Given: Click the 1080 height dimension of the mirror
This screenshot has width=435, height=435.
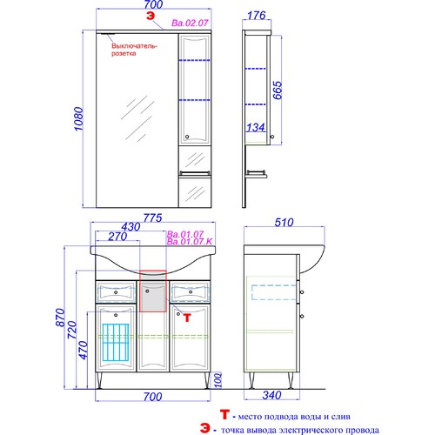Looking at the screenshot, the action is click(78, 119).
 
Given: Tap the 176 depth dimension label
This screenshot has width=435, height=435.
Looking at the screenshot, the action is click(257, 16).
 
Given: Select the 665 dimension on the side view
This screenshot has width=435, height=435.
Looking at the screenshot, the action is click(278, 90).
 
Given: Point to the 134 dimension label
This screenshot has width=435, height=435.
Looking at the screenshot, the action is click(256, 127).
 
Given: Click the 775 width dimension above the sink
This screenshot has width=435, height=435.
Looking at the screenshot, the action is click(153, 218).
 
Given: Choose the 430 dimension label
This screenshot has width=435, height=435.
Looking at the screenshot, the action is click(130, 227).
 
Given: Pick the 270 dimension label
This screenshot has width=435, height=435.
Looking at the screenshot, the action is click(117, 237).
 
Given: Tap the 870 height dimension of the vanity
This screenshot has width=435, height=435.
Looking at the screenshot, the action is click(60, 318).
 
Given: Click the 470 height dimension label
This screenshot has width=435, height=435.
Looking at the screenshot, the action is click(84, 350).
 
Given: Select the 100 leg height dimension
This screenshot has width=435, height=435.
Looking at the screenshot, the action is click(217, 380).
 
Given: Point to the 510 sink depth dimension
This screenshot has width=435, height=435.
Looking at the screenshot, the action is click(284, 223).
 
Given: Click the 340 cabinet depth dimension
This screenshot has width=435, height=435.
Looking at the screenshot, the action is click(271, 395).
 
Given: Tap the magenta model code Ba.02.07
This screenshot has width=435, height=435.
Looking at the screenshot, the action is click(190, 23).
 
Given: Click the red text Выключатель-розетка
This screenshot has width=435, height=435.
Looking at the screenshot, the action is click(134, 50).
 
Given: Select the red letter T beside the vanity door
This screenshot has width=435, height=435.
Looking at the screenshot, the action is click(187, 318).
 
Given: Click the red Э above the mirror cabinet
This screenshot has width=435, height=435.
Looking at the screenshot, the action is click(151, 16).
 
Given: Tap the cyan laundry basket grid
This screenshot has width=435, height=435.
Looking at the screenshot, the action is click(116, 343).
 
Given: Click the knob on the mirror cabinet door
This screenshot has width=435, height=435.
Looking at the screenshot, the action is click(187, 137).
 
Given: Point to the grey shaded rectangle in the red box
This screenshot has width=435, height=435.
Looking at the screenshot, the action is click(153, 297).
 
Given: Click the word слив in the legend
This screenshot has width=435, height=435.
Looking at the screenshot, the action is click(342, 417).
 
